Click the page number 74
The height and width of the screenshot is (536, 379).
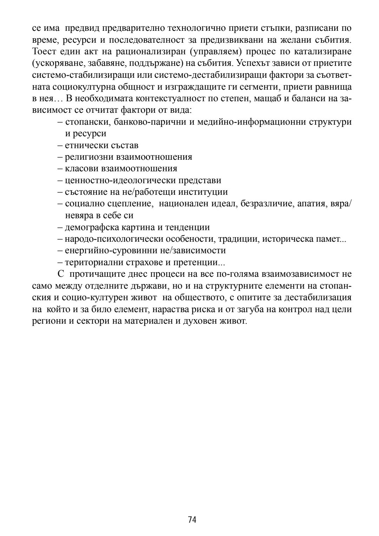pos(192,519)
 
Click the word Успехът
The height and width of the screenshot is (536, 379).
pos(254,63)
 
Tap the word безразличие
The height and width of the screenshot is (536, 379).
pos(263,204)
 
